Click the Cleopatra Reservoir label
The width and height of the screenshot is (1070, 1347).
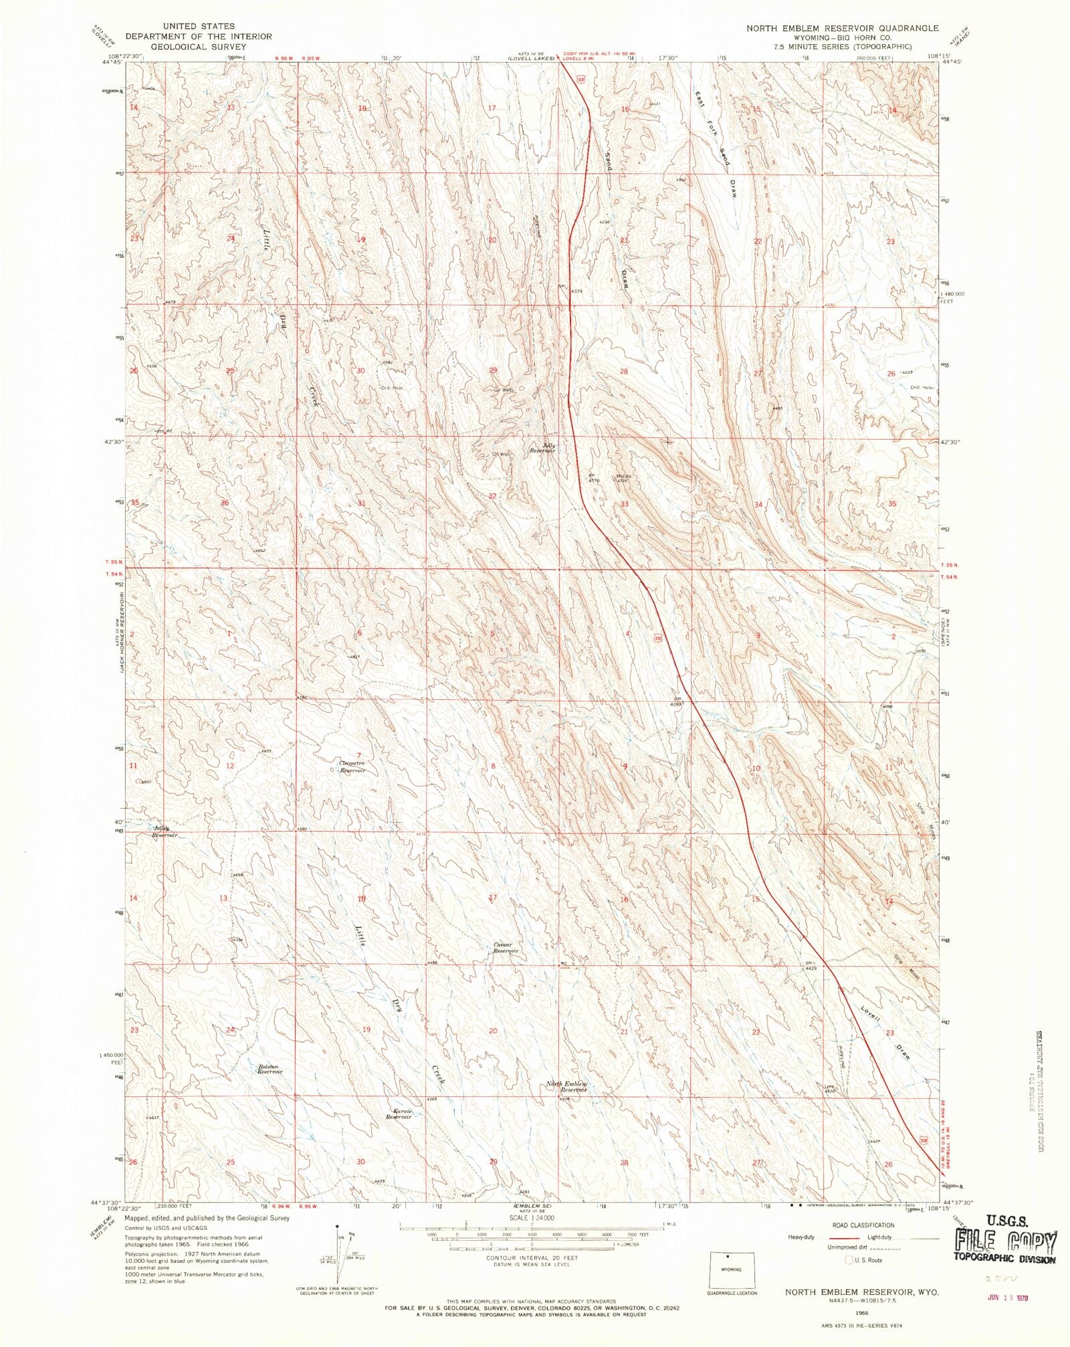pyautogui.click(x=352, y=767)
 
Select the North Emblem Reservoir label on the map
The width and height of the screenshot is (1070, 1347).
pyautogui.click(x=566, y=1086)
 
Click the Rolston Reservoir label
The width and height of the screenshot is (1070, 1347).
pyautogui.click(x=270, y=1068)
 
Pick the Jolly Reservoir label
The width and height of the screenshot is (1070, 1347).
pyautogui.click(x=542, y=448)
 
